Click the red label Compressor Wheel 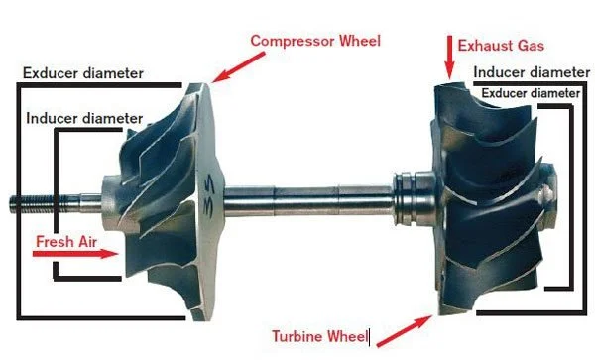click(x=314, y=41)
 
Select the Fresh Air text click(x=64, y=241)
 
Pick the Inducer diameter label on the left click(x=84, y=118)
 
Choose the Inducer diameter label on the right click(x=532, y=72)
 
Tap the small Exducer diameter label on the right click(x=530, y=92)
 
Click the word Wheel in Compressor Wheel click(x=358, y=41)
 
